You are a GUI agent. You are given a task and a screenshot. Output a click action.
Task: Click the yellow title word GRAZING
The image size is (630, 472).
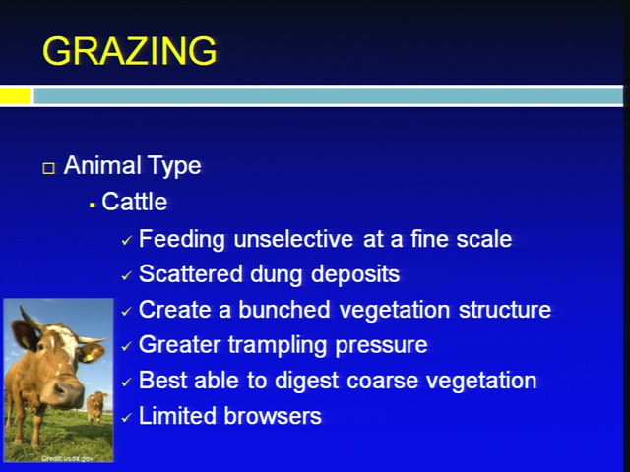(x=129, y=51)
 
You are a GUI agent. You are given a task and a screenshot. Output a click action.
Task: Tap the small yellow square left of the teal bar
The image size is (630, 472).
(x=16, y=96)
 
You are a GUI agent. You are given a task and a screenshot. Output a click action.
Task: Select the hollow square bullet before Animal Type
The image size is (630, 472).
(x=48, y=168)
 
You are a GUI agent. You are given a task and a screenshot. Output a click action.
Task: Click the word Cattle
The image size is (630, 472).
(x=134, y=202)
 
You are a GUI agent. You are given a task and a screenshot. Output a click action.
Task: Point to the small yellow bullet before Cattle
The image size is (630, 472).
(x=93, y=206)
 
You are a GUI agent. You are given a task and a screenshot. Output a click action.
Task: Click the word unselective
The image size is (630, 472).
(x=293, y=239)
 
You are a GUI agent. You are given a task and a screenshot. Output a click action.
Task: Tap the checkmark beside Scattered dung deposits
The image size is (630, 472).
(x=127, y=275)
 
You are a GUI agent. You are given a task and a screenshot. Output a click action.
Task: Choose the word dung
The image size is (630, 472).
(x=276, y=274)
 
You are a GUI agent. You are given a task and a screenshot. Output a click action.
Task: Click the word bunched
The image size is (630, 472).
(x=284, y=310)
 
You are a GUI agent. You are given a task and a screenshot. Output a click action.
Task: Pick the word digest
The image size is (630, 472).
(x=306, y=381)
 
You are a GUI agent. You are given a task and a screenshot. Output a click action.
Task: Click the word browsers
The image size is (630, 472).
(x=273, y=416)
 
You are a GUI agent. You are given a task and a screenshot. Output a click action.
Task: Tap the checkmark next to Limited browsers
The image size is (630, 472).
(x=127, y=417)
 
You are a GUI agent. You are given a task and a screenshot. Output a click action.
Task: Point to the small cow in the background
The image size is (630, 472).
(x=96, y=407)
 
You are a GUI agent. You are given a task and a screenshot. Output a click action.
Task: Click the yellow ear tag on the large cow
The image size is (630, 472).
(x=88, y=357)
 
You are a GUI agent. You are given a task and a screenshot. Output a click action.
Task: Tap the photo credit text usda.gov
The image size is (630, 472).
(x=78, y=458)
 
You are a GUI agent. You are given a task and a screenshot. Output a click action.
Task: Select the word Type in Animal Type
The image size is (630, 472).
(x=174, y=166)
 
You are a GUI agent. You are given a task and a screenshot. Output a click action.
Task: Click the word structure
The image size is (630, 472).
(x=505, y=310)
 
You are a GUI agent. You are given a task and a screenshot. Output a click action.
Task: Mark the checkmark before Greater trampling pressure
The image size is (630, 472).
(x=127, y=346)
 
